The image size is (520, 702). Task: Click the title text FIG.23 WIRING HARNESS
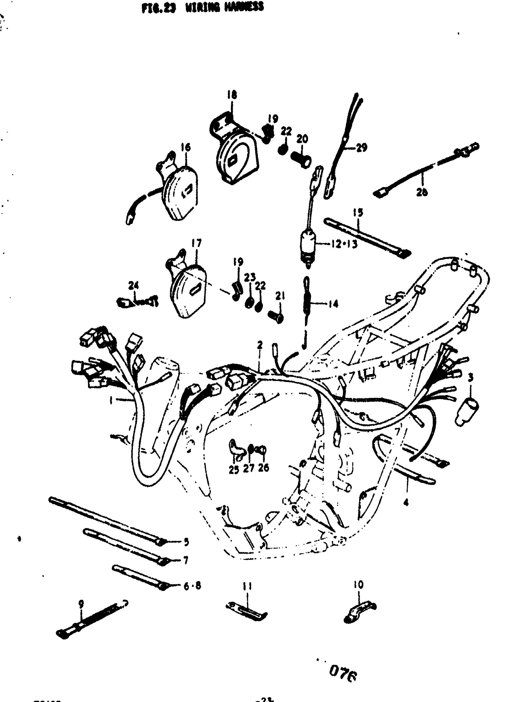(x=202, y=7)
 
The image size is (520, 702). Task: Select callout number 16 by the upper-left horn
(x=185, y=147)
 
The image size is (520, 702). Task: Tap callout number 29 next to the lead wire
(x=361, y=147)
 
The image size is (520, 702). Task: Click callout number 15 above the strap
(x=358, y=213)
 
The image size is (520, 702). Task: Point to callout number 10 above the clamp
(x=358, y=585)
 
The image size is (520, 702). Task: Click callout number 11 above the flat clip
(x=247, y=586)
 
